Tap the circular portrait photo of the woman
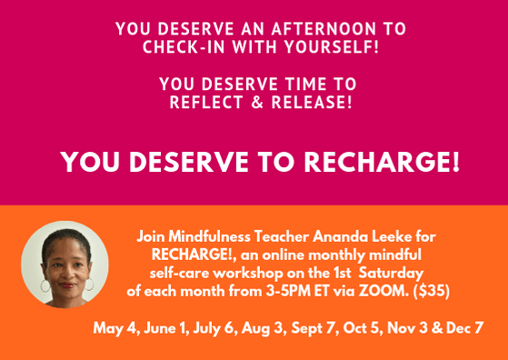[65, 264]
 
